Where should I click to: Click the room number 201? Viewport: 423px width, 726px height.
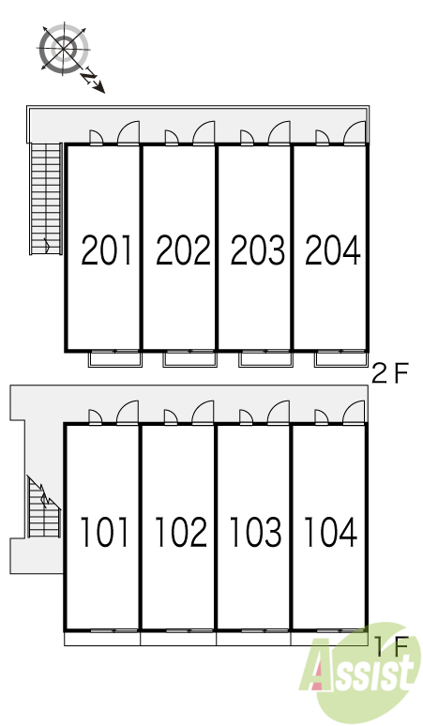point(106,250)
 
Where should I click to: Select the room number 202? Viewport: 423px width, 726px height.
point(183,250)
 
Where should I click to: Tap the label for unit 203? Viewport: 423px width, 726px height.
point(257,250)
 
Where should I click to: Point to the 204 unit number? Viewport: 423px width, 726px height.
point(333,250)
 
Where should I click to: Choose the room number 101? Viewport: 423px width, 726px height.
point(104,532)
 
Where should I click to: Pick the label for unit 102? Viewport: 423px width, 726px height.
point(181,532)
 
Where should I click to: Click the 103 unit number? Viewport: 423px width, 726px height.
point(255,532)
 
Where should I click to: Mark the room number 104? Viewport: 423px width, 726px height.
point(330,532)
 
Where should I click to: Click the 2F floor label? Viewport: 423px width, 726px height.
point(390,373)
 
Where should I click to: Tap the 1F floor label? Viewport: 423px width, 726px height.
point(391,646)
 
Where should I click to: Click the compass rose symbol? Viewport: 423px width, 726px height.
point(64,48)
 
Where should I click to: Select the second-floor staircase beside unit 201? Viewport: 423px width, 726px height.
point(46,199)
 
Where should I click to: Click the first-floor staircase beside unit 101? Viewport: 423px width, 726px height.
point(44,507)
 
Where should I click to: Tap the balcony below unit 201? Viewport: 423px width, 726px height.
point(115,359)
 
